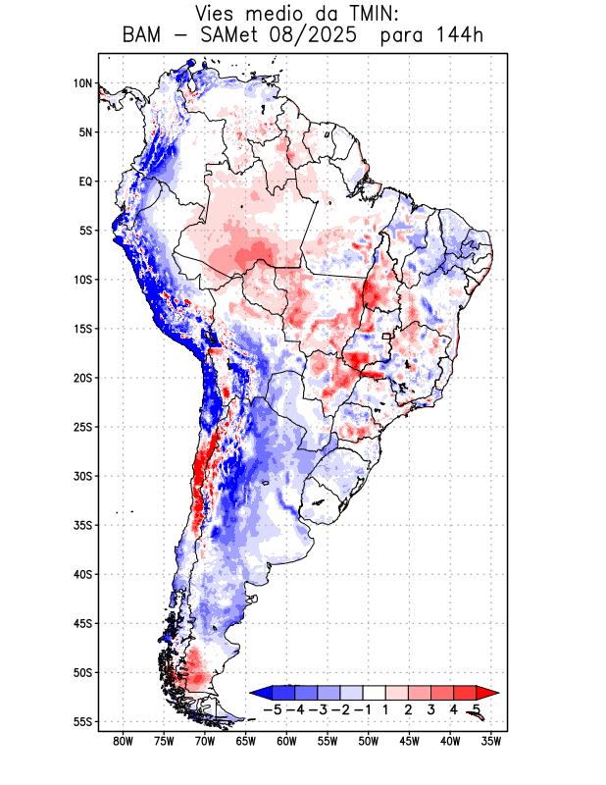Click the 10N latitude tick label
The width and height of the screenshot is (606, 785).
tap(82, 83)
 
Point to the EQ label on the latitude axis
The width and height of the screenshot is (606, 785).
tap(84, 182)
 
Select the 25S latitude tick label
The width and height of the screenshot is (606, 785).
tap(82, 427)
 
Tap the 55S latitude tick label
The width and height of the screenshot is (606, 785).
tap(82, 722)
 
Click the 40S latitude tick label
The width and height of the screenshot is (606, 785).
tap(82, 574)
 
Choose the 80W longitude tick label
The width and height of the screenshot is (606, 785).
tap(123, 742)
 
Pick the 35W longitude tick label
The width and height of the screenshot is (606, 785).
tap(491, 742)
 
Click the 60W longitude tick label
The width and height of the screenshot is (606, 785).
tap(286, 742)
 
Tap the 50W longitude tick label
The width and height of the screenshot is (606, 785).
tap(369, 742)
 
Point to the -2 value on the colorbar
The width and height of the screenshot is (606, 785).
tap(340, 708)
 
